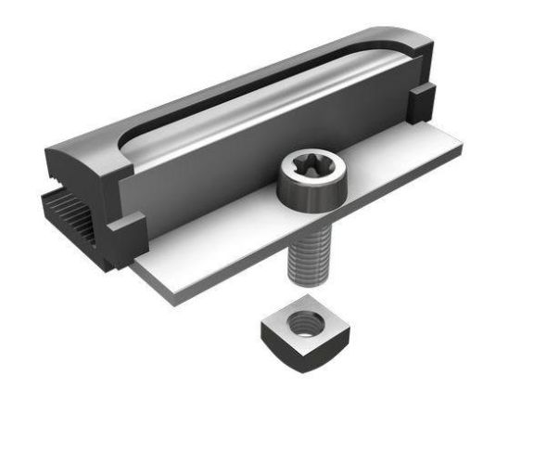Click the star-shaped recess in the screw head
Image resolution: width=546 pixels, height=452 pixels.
pyautogui.click(x=311, y=169)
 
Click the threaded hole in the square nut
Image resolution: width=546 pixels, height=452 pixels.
pyautogui.click(x=303, y=325)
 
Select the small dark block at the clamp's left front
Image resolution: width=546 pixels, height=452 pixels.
pyautogui.click(x=125, y=231)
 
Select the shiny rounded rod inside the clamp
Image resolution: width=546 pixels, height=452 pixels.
pyautogui.click(x=278, y=102)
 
